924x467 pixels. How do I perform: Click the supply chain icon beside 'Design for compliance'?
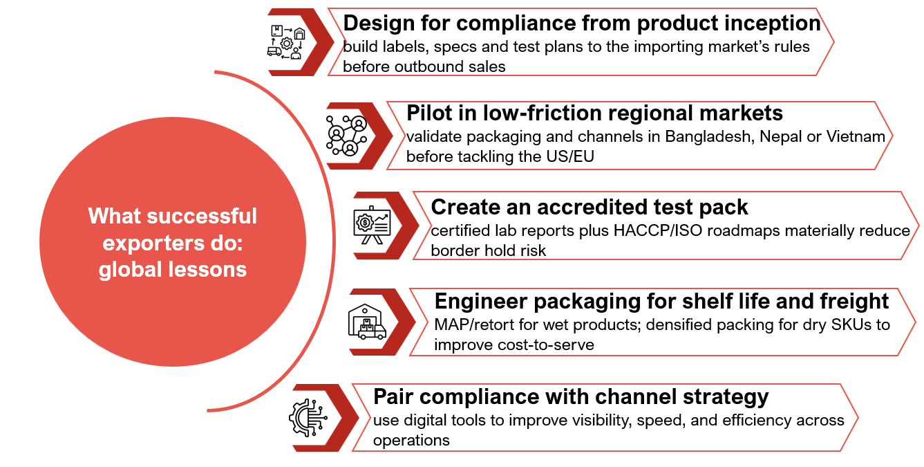tap(286, 42)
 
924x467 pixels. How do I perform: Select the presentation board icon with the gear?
tap(372, 226)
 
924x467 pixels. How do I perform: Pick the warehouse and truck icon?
tap(367, 322)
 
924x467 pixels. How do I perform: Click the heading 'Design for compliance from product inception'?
tap(582, 23)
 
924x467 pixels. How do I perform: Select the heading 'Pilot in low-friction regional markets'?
tap(594, 113)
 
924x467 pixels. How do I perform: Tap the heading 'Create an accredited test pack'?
tap(590, 207)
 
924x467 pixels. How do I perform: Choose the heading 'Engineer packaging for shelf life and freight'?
tap(661, 301)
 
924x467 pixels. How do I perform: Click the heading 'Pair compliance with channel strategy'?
tap(571, 396)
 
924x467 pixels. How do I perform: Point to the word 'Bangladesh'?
tap(708, 136)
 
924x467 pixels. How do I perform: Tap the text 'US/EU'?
tap(572, 156)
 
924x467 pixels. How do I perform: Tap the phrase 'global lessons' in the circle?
tap(173, 269)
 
